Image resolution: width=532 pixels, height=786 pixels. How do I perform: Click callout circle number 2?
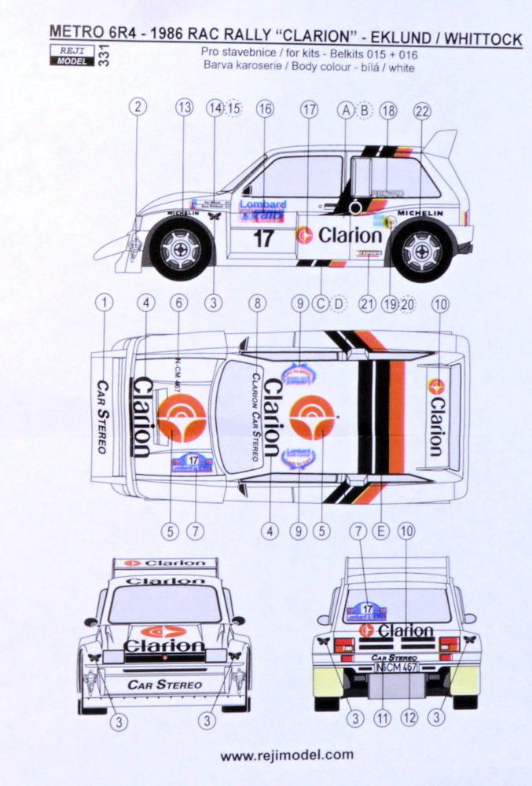click(138, 109)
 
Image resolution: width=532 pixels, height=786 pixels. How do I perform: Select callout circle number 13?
click(185, 109)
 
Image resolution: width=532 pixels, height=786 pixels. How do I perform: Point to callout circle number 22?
click(422, 111)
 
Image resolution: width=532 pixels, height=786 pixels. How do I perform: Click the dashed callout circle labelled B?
click(365, 110)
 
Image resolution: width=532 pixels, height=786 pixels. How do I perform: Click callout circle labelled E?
click(382, 531)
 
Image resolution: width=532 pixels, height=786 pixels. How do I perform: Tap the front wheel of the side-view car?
click(182, 249)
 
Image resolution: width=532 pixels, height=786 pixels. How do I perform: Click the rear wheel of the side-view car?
click(422, 250)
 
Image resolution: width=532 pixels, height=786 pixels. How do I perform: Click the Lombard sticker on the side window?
click(262, 209)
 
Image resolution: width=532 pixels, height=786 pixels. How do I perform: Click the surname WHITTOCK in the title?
click(481, 39)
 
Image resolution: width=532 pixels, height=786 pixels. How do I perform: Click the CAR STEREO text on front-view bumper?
click(164, 684)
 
